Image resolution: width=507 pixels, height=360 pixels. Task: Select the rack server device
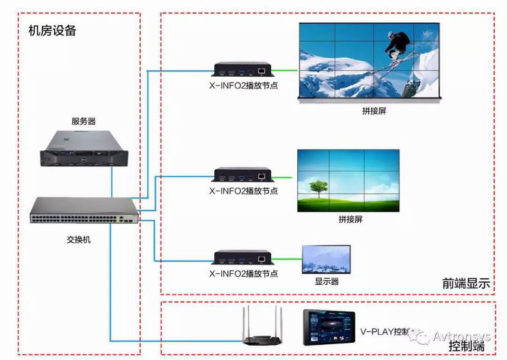point(84,150)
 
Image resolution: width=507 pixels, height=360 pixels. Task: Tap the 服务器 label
point(84,120)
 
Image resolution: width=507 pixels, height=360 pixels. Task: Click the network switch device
point(84,212)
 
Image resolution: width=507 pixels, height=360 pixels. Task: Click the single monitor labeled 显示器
point(326,259)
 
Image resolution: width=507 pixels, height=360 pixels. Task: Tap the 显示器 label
point(327,281)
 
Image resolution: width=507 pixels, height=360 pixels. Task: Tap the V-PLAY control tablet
point(328,327)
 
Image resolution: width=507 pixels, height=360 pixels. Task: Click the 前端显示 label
point(466,284)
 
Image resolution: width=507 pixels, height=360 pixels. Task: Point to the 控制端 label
point(466,346)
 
